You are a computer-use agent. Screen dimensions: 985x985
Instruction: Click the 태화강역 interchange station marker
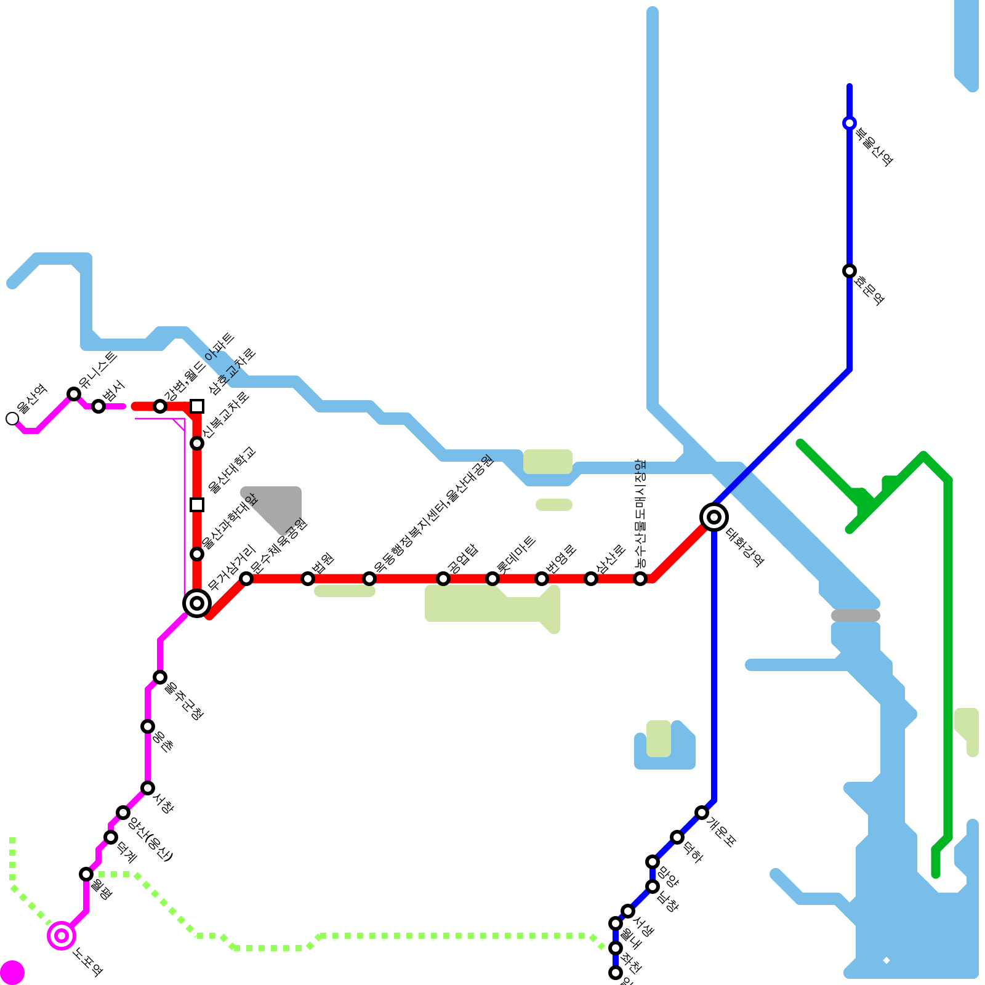coord(714,517)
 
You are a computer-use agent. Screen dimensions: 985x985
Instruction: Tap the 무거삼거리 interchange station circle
coord(197,603)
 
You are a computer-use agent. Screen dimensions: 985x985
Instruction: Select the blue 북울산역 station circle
coord(850,123)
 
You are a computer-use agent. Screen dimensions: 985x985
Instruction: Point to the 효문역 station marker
coord(850,271)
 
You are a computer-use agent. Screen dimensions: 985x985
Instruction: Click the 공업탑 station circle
coord(443,579)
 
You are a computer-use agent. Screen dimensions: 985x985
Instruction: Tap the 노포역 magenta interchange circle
coord(62,936)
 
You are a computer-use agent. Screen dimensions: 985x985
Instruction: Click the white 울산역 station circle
coord(12,419)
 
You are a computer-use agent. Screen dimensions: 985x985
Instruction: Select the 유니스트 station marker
coord(74,394)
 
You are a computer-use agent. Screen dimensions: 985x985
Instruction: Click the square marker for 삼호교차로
coord(197,406)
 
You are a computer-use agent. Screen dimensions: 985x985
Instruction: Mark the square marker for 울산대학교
coord(197,505)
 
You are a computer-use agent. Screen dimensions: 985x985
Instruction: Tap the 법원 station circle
coord(308,579)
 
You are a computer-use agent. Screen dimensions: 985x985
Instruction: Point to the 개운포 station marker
coord(702,813)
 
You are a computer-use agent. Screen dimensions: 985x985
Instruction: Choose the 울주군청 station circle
coord(160,677)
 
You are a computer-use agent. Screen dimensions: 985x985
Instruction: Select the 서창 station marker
coord(148,788)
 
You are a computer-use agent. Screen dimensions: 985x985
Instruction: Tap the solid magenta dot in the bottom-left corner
coord(12,973)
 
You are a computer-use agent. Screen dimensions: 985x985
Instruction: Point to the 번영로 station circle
coord(542,579)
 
